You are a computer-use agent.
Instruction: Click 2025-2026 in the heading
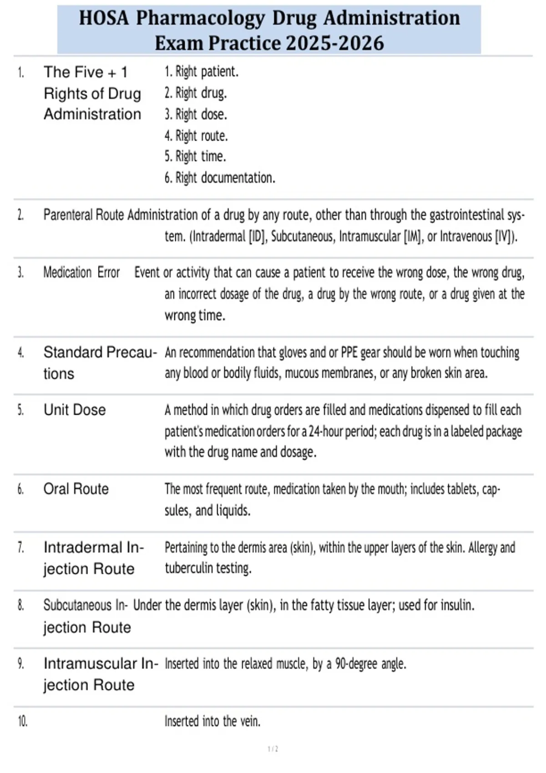pos(335,44)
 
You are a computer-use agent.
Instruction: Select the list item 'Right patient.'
pos(201,71)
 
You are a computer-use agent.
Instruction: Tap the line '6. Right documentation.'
pos(220,178)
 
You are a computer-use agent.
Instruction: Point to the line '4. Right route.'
pos(196,136)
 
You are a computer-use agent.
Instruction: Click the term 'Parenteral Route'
pos(83,215)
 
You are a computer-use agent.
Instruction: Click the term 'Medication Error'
pos(81,272)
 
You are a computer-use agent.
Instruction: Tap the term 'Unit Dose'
pos(75,410)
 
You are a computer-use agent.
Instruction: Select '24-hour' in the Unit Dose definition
pos(326,431)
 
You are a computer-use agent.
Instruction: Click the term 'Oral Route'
pos(76,489)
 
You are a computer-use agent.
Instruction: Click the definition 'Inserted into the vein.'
pos(212,721)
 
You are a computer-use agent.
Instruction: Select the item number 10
pos(22,722)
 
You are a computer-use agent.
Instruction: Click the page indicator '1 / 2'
pos(273,749)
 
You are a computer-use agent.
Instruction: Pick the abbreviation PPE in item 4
pos(349,352)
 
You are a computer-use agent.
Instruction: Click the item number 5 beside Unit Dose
pos(20,410)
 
